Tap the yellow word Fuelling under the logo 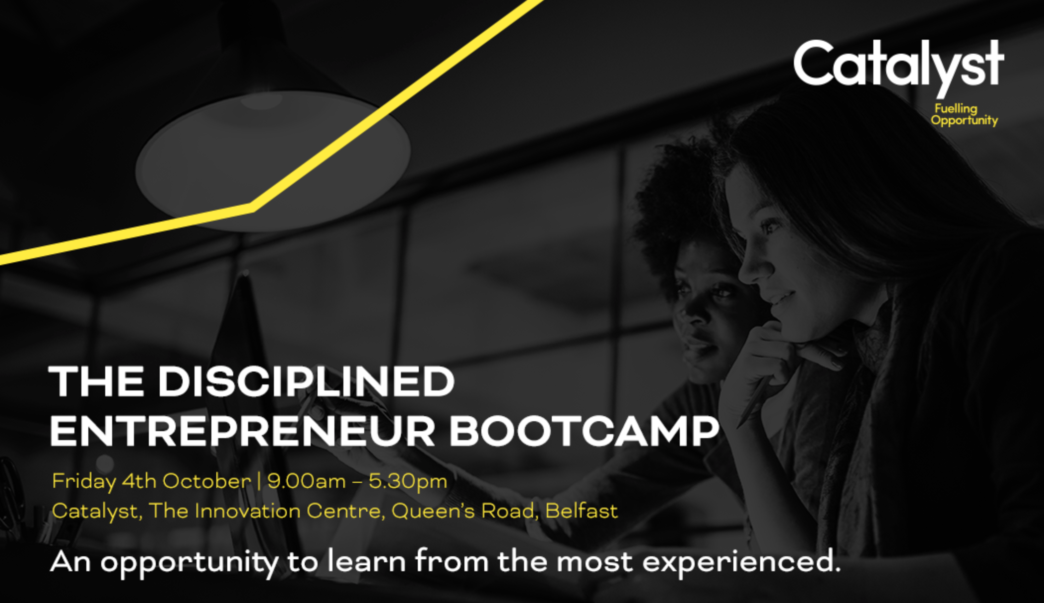(x=956, y=108)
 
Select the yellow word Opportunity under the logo (x=964, y=120)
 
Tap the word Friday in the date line (x=83, y=481)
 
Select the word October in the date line (x=206, y=481)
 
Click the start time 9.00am (x=306, y=481)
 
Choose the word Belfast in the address (x=582, y=511)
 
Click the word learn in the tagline (x=366, y=561)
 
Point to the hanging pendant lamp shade (x=273, y=159)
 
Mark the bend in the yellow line (x=252, y=207)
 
